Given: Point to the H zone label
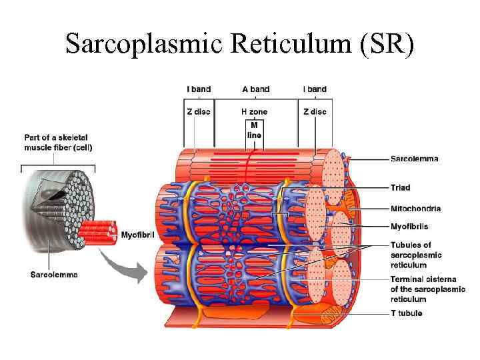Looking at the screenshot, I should [254, 112].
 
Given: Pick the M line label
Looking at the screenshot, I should [254, 130].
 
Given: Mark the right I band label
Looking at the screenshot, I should [315, 89].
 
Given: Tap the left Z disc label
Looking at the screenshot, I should [198, 112].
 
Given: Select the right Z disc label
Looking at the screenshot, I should [315, 112].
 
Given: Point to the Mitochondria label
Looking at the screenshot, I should [415, 209].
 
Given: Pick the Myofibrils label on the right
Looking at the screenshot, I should [410, 227].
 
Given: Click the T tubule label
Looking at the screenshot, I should [406, 313].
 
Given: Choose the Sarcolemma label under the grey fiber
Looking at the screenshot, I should [55, 274].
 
